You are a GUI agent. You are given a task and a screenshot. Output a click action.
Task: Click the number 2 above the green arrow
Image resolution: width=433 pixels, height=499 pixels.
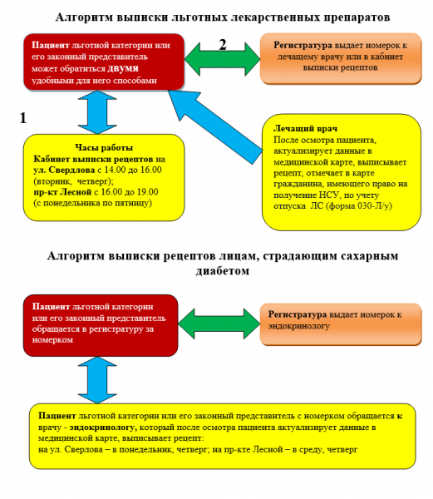click(x=223, y=45)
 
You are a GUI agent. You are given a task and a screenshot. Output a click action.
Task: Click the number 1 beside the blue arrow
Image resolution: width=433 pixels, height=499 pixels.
click(x=23, y=118)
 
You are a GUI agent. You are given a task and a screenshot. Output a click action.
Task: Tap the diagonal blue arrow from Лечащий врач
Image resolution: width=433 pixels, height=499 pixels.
click(x=215, y=127)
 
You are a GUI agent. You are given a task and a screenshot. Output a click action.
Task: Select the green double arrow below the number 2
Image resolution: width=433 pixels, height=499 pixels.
click(x=222, y=59)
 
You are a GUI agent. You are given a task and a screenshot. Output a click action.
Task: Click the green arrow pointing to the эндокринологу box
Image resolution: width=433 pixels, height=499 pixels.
click(x=219, y=324)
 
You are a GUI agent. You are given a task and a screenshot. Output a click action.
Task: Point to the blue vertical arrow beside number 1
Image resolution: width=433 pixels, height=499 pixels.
click(x=97, y=112)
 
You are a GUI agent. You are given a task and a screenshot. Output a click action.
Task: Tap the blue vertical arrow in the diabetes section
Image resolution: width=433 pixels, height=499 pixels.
click(x=97, y=380)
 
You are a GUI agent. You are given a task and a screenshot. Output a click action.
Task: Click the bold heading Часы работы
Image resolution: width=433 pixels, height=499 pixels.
click(x=104, y=148)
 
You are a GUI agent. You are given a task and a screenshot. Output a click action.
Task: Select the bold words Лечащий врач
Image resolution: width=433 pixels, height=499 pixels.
click(x=305, y=129)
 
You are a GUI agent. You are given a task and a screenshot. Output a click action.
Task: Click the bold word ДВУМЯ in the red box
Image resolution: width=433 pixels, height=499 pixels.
click(x=123, y=69)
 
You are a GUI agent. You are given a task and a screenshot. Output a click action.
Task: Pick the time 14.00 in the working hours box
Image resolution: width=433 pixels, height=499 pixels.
click(x=115, y=170)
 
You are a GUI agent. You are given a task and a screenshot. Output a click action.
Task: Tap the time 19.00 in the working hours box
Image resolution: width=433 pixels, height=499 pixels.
click(x=147, y=192)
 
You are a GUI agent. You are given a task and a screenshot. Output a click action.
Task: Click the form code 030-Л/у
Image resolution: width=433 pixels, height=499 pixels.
click(x=373, y=206)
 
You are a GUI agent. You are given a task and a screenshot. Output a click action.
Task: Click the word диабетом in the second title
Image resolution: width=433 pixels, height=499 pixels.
click(x=222, y=271)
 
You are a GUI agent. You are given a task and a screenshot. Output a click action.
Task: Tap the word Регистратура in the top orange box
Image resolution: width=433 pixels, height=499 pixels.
click(x=303, y=46)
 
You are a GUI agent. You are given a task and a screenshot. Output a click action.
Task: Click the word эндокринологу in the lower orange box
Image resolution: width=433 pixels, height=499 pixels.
click(x=298, y=326)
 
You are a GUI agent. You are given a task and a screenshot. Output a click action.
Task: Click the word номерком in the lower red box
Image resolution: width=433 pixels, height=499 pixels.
click(x=52, y=340)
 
